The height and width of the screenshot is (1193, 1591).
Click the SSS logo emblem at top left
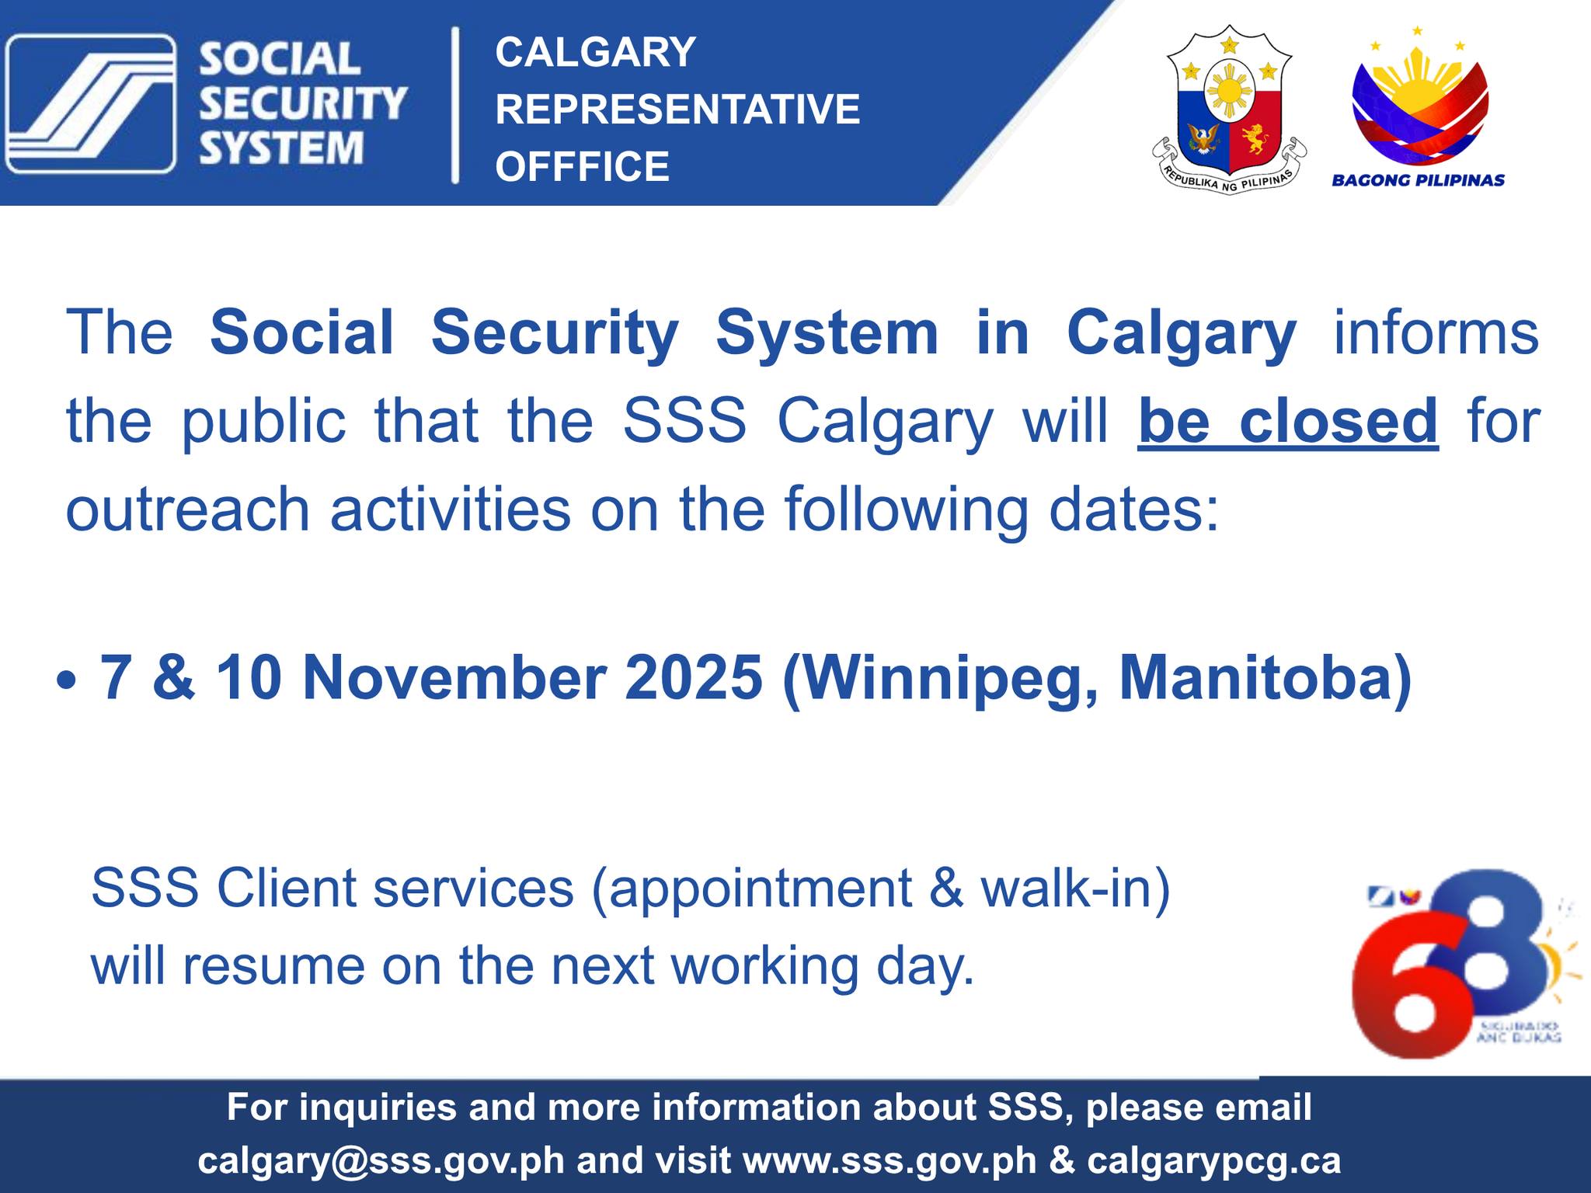point(90,103)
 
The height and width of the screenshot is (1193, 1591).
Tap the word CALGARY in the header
point(595,52)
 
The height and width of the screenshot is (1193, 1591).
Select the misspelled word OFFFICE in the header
point(582,166)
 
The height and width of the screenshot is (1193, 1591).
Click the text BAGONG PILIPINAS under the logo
point(1418,180)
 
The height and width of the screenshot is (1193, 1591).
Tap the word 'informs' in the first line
point(1436,332)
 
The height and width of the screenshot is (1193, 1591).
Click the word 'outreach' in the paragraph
point(187,510)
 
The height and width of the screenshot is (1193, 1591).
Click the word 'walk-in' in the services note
point(1074,888)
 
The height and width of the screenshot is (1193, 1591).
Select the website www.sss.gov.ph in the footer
point(889,1160)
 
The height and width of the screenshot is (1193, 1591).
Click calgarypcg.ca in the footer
point(1213,1160)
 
